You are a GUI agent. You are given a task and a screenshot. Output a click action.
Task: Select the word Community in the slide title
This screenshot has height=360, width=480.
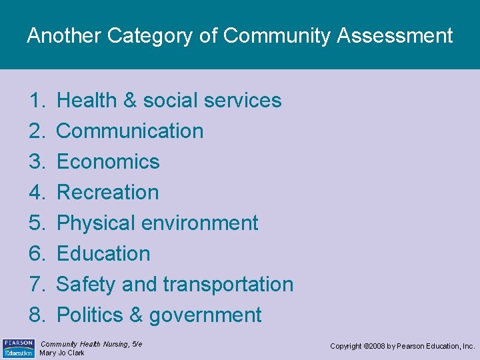276,36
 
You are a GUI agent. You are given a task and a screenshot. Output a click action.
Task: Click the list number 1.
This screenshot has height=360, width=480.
36,101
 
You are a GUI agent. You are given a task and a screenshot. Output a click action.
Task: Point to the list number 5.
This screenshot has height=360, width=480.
36,223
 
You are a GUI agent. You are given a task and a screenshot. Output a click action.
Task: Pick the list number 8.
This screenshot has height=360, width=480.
36,315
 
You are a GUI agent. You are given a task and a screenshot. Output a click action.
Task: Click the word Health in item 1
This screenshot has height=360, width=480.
87,101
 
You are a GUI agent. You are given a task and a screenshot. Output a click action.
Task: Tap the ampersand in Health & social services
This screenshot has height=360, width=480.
130,101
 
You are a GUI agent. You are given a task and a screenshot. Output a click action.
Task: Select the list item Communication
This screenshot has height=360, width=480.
130,131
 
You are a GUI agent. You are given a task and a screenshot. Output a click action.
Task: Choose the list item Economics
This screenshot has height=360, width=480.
108,162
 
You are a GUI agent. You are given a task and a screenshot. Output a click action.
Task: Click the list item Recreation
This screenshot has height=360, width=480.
108,193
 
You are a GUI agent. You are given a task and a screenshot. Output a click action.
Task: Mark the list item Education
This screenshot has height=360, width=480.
103,254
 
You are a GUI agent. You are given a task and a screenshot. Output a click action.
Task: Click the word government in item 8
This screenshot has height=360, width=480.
205,315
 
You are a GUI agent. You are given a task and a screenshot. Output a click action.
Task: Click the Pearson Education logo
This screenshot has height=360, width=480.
19,347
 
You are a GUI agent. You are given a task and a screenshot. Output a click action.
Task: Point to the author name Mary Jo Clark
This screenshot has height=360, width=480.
62,353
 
